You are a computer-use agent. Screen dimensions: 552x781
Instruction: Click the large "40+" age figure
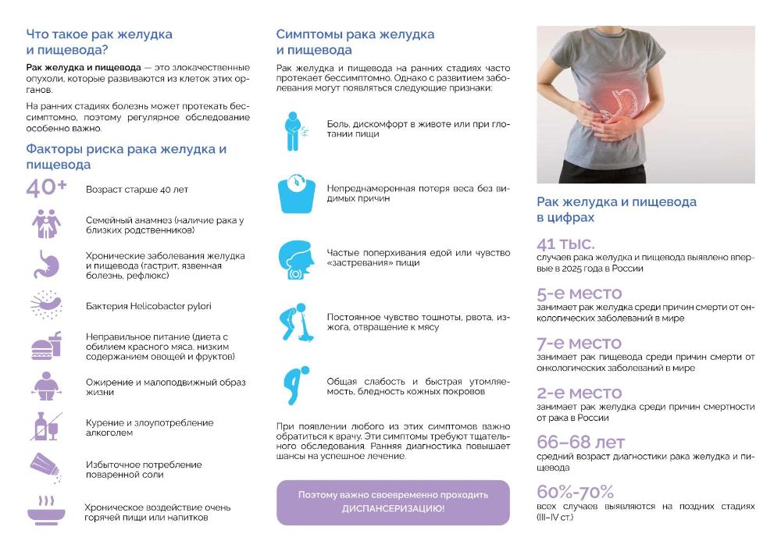(46, 188)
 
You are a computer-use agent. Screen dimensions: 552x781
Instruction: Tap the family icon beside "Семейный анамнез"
(46, 224)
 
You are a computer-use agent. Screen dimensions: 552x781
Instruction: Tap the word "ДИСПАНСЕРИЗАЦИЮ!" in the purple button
(393, 508)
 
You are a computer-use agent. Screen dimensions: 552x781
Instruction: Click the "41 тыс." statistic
(565, 243)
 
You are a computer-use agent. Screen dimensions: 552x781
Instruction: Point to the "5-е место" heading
(579, 294)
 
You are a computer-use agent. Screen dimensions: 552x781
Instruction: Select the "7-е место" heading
(579, 343)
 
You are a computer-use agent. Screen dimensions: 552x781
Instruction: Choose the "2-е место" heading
(579, 393)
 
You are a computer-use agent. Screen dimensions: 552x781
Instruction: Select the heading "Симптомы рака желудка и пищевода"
(355, 42)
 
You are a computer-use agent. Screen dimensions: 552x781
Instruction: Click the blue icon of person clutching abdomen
(294, 129)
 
